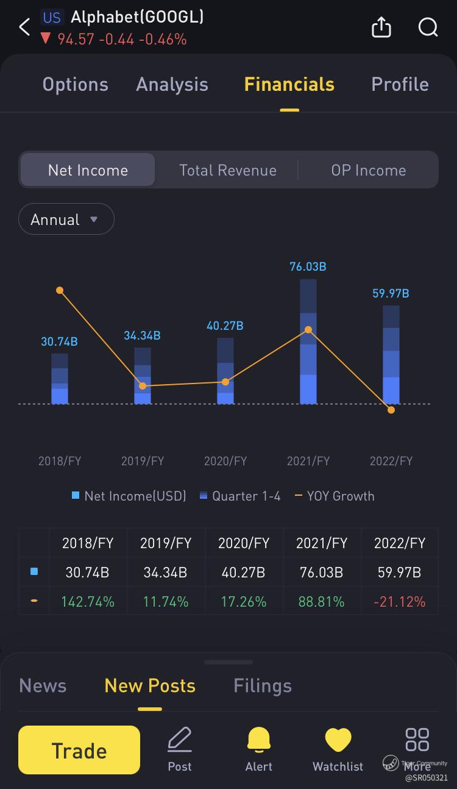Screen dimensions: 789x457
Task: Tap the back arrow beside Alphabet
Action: click(x=24, y=27)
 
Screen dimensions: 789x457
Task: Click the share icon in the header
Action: click(x=381, y=27)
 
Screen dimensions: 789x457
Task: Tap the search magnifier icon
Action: click(x=428, y=27)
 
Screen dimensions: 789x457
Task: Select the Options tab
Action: click(x=75, y=84)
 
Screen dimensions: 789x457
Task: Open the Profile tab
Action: click(x=400, y=84)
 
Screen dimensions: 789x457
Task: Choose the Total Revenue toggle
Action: click(x=227, y=170)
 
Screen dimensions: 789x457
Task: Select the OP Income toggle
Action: click(x=368, y=170)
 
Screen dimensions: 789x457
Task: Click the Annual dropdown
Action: click(x=66, y=220)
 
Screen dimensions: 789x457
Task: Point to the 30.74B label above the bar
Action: click(x=59, y=342)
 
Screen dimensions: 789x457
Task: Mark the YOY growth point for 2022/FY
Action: click(x=391, y=410)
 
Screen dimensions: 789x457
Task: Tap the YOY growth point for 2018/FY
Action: click(x=60, y=290)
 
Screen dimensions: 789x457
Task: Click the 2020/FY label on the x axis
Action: click(x=225, y=461)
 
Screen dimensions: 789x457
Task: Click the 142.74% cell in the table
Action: click(x=88, y=602)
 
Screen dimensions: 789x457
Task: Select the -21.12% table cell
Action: click(x=399, y=602)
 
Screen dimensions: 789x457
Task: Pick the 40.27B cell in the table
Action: click(x=243, y=573)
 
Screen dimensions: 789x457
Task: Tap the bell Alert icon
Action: click(x=259, y=749)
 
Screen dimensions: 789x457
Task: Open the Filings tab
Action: click(x=262, y=686)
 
